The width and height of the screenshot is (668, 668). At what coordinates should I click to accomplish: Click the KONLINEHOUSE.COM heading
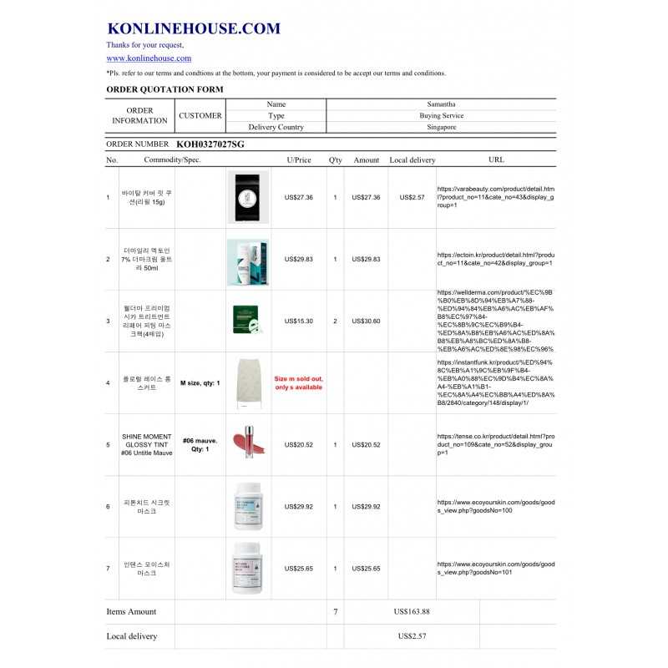pyautogui.click(x=193, y=28)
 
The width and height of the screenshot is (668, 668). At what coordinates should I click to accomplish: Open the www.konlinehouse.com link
pyautogui.click(x=149, y=58)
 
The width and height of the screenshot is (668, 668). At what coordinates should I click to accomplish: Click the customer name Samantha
pyautogui.click(x=440, y=104)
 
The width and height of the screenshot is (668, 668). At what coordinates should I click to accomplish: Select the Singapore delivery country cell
pyautogui.click(x=440, y=128)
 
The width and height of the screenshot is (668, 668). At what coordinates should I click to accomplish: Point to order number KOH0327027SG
pyautogui.click(x=210, y=144)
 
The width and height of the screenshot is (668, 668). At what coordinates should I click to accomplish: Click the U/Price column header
pyautogui.click(x=298, y=159)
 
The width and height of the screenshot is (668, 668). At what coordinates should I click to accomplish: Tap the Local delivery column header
pyautogui.click(x=412, y=159)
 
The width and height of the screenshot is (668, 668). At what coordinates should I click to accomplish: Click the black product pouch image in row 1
pyautogui.click(x=248, y=197)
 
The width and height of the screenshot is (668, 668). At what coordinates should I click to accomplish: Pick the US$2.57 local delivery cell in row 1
pyautogui.click(x=412, y=198)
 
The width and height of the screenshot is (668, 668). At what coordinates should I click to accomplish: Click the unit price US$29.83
pyautogui.click(x=298, y=260)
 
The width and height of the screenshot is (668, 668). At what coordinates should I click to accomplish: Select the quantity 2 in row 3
pyautogui.click(x=335, y=321)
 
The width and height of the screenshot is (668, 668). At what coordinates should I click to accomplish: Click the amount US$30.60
pyautogui.click(x=366, y=321)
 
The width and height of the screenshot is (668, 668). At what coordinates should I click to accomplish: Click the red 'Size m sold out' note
pyautogui.click(x=298, y=383)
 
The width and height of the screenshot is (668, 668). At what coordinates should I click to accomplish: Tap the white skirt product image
pyautogui.click(x=248, y=383)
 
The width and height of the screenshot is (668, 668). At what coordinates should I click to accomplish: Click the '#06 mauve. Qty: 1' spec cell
pyautogui.click(x=200, y=444)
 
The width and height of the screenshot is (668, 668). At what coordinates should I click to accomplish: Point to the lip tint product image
pyautogui.click(x=248, y=444)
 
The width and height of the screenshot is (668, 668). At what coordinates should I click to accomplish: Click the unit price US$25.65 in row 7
pyautogui.click(x=298, y=569)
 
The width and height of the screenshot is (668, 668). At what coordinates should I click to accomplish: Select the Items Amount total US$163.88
pyautogui.click(x=412, y=612)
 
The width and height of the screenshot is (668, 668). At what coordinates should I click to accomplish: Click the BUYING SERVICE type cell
pyautogui.click(x=440, y=116)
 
